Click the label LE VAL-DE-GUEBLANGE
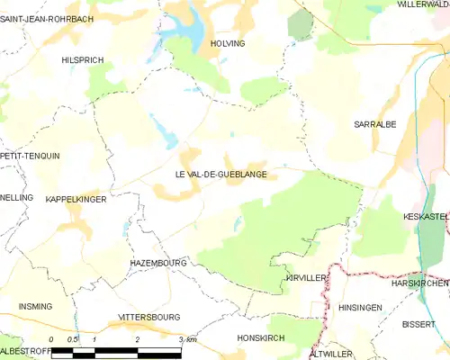click(x=214, y=175)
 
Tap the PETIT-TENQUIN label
click(x=30, y=156)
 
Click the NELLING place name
click(x=16, y=197)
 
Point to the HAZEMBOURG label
click(x=157, y=263)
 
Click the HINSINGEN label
click(x=361, y=307)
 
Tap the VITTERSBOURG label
click(x=149, y=318)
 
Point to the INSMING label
click(x=35, y=307)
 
